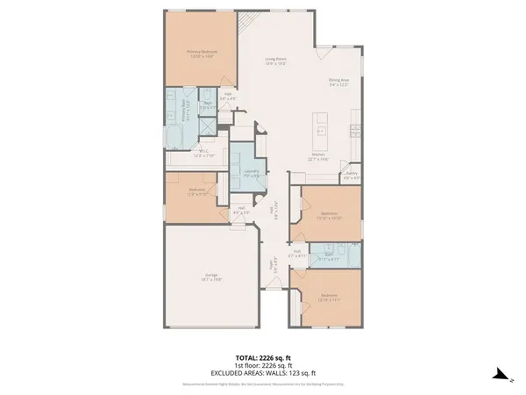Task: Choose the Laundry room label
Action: [x=252, y=173]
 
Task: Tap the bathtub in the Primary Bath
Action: [x=173, y=136]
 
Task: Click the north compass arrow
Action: [x=501, y=375]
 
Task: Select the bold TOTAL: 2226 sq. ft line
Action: [x=263, y=358]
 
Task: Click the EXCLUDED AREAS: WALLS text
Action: [x=263, y=372]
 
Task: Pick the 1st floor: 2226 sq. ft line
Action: [x=263, y=365]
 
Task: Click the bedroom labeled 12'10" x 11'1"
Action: [x=330, y=298]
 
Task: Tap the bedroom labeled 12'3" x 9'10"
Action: [x=197, y=192]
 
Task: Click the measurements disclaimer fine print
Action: [x=263, y=384]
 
